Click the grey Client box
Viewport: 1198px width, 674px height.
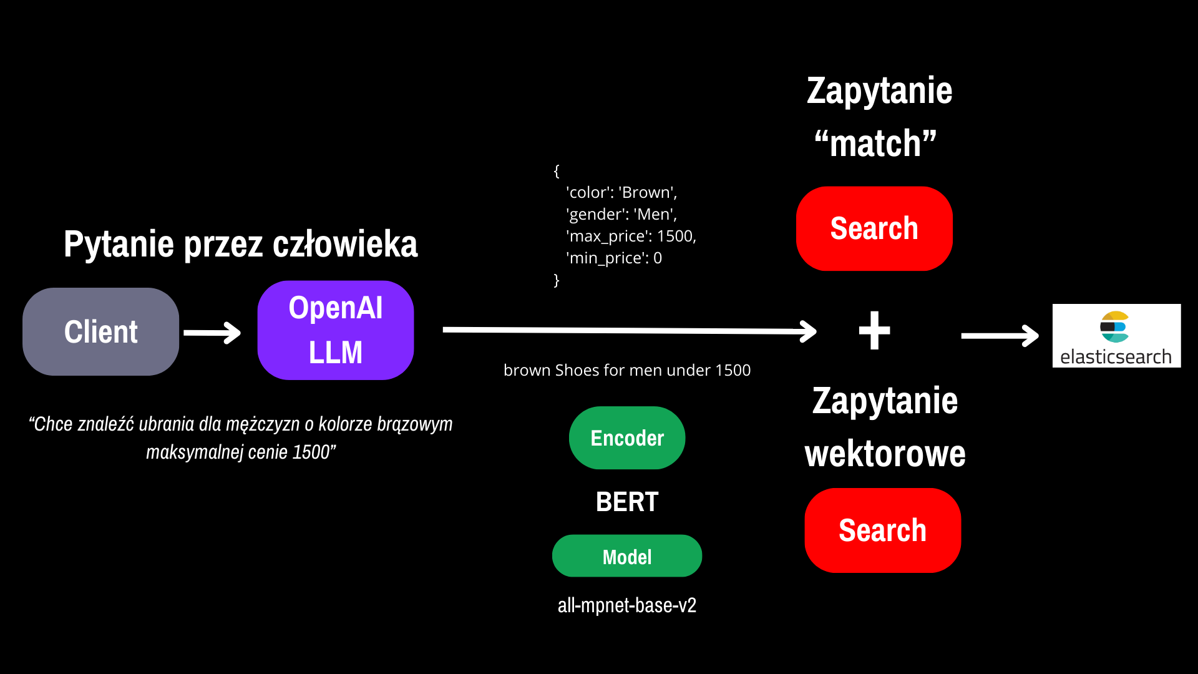100,331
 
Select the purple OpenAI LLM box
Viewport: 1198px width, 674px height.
336,330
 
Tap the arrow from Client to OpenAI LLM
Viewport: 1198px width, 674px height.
212,333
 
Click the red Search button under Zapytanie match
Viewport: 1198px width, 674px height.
874,228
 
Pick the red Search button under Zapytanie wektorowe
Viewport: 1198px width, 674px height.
882,530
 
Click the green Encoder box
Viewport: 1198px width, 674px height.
627,438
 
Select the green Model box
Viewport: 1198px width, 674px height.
627,556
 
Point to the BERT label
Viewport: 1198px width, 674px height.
627,502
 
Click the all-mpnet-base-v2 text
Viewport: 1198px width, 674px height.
627,605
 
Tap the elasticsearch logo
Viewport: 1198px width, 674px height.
1116,336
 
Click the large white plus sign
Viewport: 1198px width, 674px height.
875,330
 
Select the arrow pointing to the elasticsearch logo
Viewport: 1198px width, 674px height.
1000,336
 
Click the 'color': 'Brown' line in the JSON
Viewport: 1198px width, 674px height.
621,192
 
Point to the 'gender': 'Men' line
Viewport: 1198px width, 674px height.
621,214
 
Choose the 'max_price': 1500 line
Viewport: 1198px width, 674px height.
631,236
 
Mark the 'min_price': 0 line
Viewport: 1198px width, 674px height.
614,258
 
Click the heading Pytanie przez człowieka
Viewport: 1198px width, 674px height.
241,244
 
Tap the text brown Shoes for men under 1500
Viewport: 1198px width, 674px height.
627,370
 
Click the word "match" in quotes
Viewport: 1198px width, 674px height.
875,144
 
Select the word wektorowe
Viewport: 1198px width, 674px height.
885,454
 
